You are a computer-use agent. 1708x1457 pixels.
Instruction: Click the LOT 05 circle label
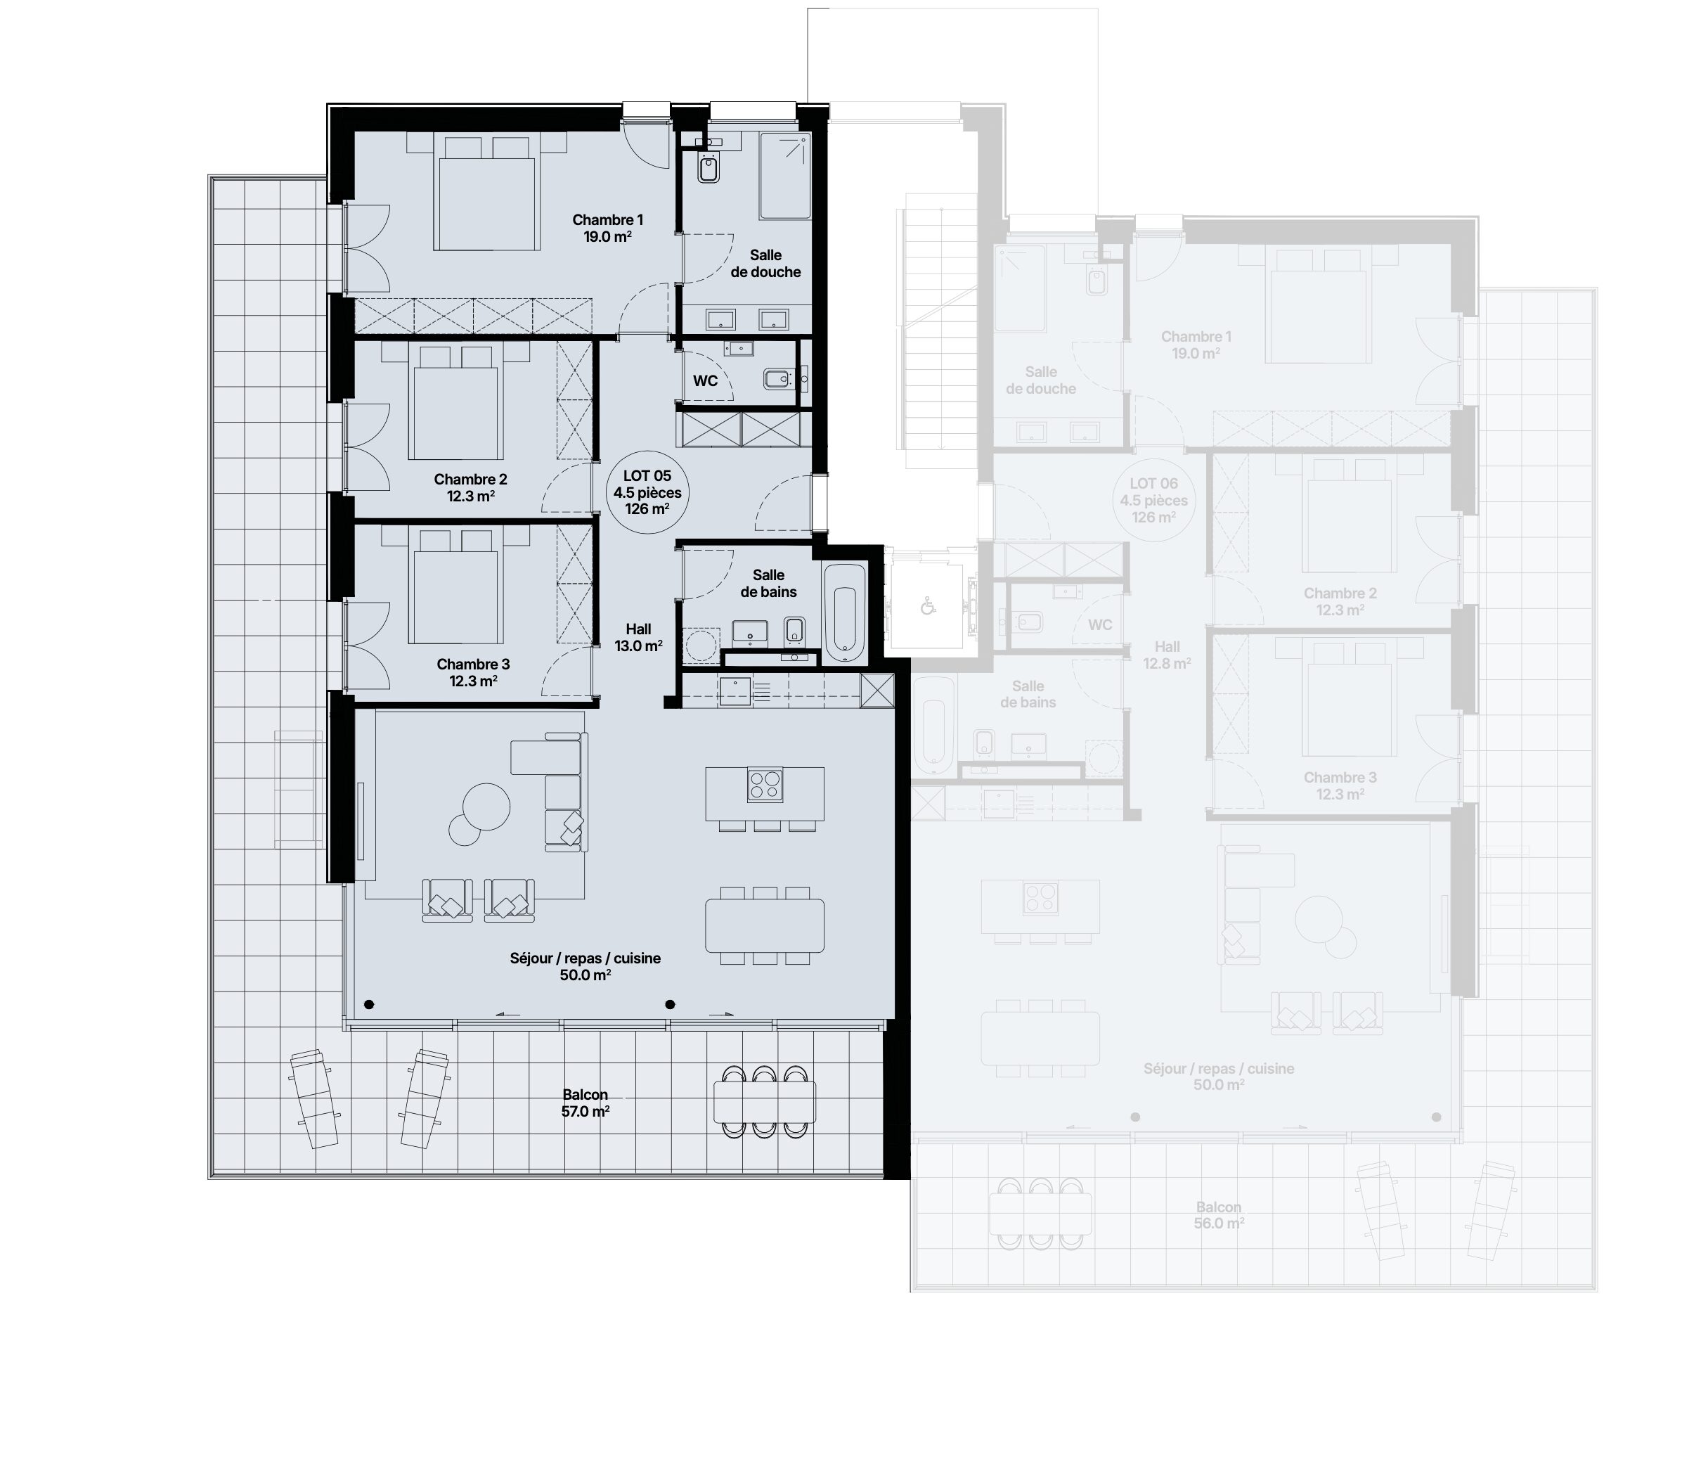(x=647, y=492)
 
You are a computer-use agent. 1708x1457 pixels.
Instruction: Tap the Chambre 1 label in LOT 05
(x=607, y=220)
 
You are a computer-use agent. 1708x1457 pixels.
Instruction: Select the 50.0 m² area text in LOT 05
(x=585, y=975)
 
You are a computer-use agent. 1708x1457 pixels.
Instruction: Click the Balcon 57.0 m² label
(x=585, y=1103)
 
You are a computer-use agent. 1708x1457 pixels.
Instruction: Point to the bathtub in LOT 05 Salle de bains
(x=845, y=613)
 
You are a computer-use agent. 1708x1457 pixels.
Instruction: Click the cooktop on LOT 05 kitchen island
(x=765, y=784)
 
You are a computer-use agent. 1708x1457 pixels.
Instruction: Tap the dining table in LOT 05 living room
(x=765, y=925)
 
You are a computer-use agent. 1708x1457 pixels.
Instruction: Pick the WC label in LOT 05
(x=705, y=381)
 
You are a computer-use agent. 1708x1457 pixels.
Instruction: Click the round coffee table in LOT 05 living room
(x=486, y=806)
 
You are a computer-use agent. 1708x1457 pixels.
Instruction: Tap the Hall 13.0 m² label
(x=638, y=637)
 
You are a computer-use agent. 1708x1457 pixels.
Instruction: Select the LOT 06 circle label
(x=1153, y=501)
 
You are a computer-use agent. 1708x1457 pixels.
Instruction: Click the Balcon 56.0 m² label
(x=1218, y=1215)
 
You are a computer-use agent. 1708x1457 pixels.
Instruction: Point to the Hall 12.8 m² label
(x=1166, y=655)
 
